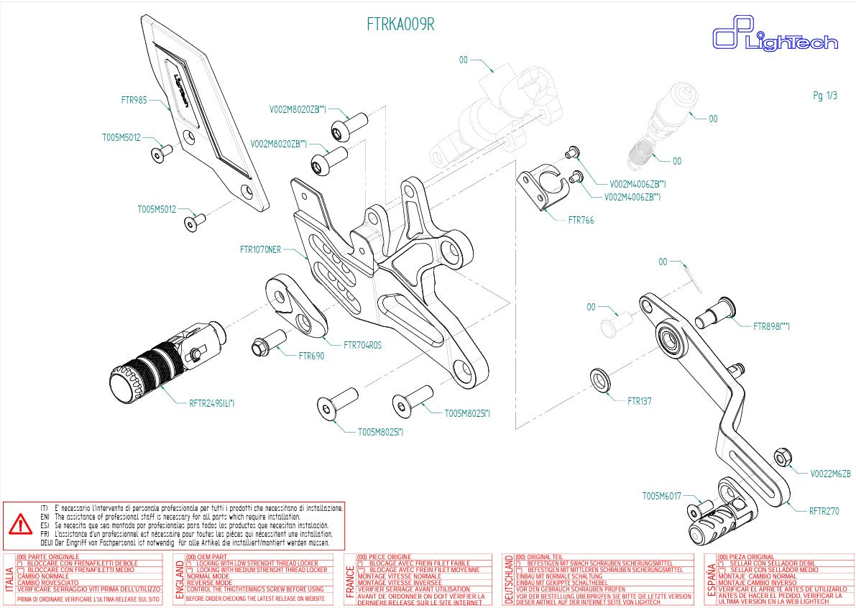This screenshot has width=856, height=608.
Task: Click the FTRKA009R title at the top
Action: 400,24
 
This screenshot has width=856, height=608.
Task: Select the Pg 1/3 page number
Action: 825,96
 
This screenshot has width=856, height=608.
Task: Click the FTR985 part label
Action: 134,101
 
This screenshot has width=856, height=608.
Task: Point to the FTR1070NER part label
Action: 260,250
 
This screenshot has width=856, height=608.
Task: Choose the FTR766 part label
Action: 581,220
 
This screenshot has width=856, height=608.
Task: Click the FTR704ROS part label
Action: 362,345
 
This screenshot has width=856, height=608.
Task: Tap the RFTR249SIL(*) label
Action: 211,403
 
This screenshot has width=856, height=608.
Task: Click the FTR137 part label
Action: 639,401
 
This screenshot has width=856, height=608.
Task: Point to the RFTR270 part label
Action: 824,512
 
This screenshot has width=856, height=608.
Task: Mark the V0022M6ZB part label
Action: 830,474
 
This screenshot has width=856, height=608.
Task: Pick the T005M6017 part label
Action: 662,496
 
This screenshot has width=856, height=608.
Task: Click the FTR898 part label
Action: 771,327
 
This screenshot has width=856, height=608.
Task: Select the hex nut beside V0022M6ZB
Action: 783,457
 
